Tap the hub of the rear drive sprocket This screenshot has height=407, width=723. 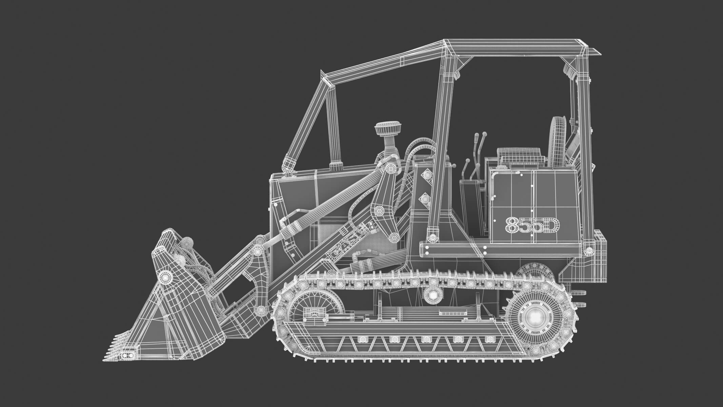tap(533, 317)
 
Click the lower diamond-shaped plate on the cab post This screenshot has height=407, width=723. tap(424, 198)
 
